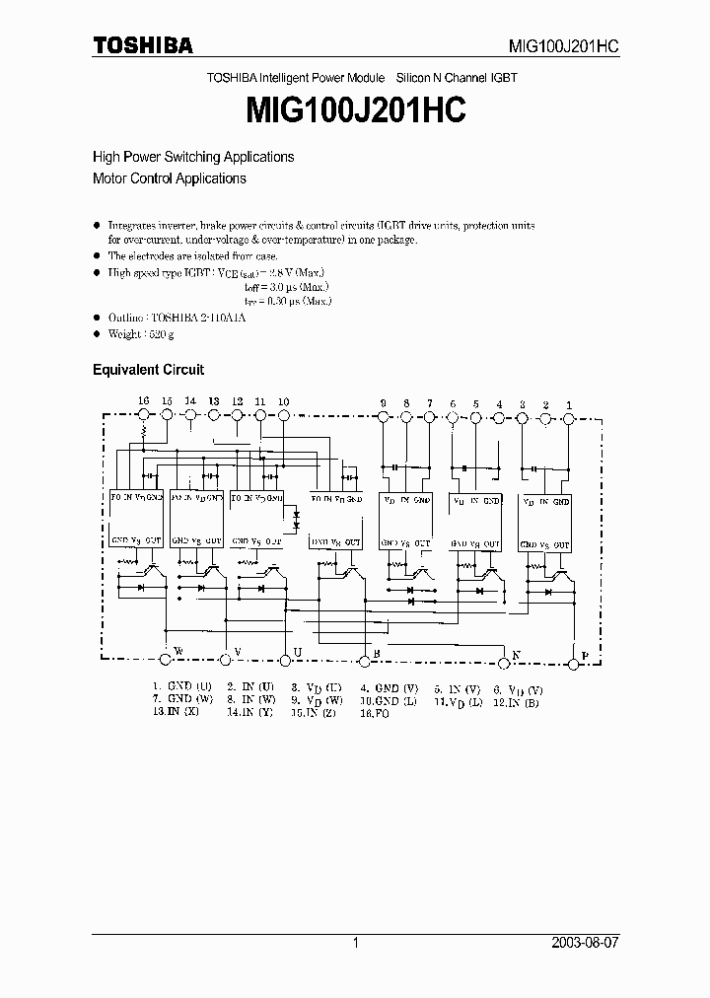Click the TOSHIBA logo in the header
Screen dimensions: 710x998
click(143, 45)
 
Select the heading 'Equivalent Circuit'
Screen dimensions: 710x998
click(148, 370)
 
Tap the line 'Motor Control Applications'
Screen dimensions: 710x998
click(169, 178)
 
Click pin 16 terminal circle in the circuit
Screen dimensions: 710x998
click(144, 416)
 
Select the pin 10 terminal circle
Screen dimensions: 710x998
click(284, 416)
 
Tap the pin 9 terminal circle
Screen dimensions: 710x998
click(383, 417)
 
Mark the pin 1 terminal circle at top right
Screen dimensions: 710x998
click(569, 417)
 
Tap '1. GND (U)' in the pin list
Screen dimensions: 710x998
click(181, 687)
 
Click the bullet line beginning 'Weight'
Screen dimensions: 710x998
click(140, 335)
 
